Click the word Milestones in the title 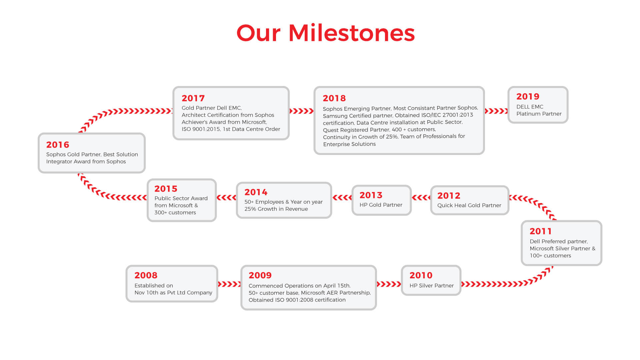(x=352, y=33)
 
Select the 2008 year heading (x=146, y=275)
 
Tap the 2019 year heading (x=528, y=96)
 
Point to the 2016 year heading (x=58, y=145)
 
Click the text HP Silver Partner (x=431, y=286)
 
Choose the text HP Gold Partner (x=381, y=205)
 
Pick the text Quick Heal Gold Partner (x=469, y=205)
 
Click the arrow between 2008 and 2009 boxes (x=229, y=284)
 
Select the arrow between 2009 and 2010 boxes (x=389, y=284)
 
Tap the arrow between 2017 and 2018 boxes (x=302, y=111)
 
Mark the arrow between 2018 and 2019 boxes (x=496, y=111)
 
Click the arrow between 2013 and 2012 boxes (x=421, y=198)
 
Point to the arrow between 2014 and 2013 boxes (x=342, y=198)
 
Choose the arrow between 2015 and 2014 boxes (x=227, y=198)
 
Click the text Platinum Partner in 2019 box (x=539, y=114)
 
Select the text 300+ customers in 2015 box (x=175, y=213)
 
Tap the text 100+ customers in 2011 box (x=550, y=256)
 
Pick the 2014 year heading (x=256, y=192)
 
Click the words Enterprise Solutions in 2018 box (x=349, y=144)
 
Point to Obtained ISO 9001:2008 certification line (x=297, y=300)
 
